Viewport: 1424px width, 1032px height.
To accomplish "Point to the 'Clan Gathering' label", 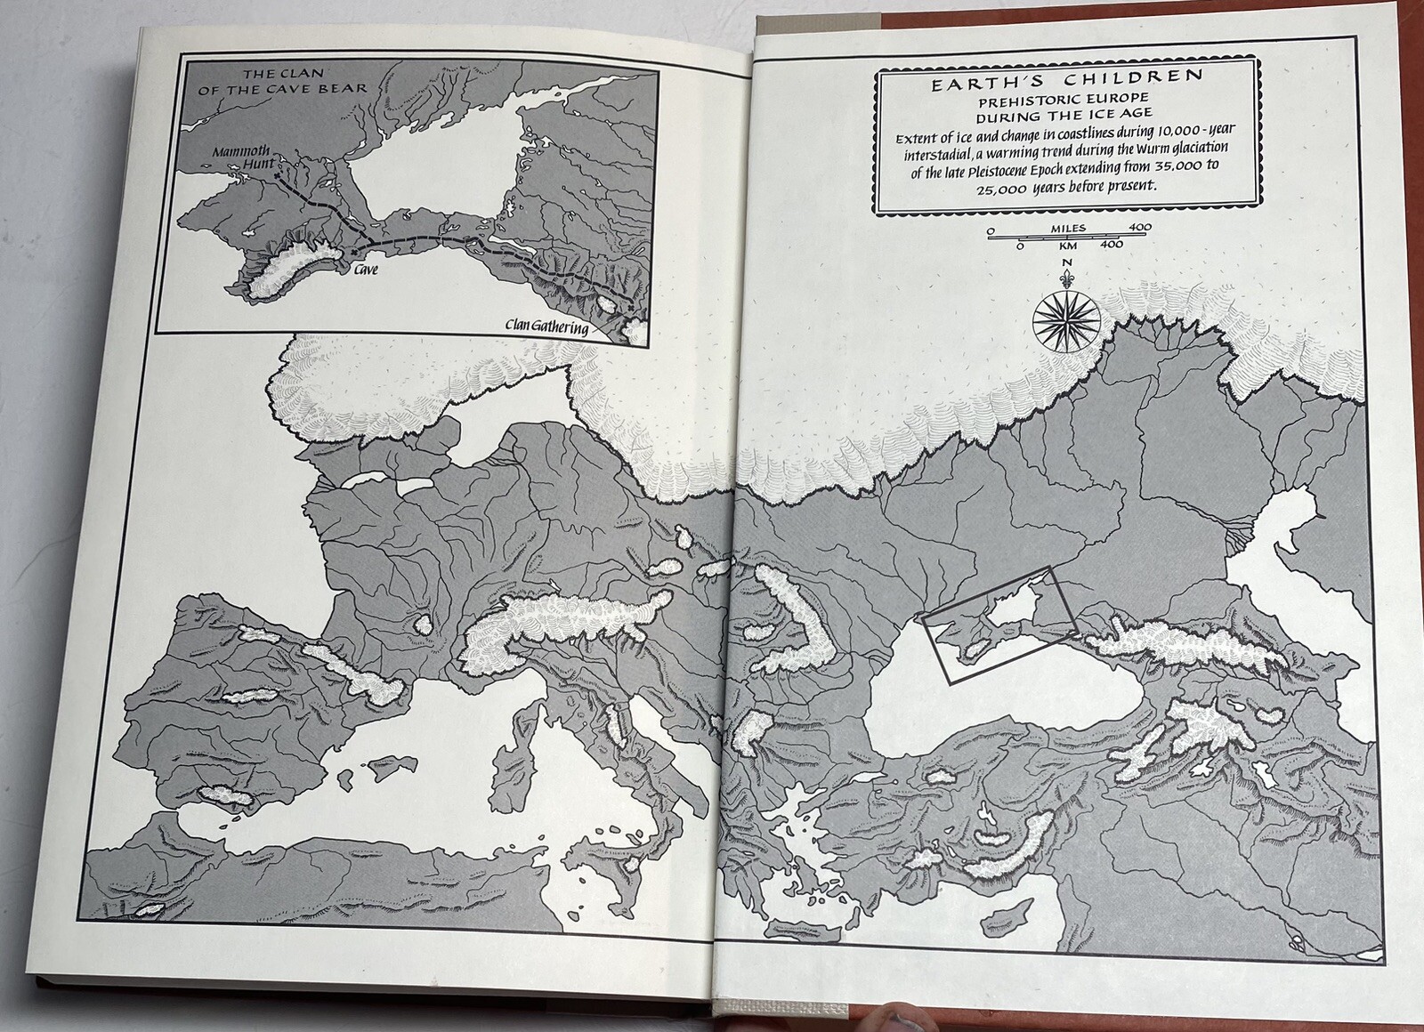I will coord(546,327).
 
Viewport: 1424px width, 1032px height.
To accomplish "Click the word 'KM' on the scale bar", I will coord(1068,244).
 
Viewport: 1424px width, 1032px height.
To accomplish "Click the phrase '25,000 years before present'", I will coord(1066,188).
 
